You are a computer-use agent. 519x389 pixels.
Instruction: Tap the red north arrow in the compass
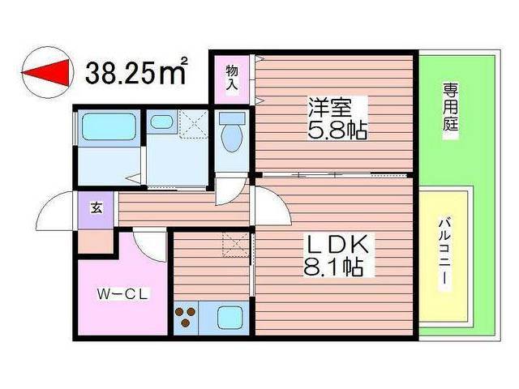[x=46, y=72]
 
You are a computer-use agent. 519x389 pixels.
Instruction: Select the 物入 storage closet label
[x=232, y=78]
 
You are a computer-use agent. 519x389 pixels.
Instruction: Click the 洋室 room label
[x=329, y=108]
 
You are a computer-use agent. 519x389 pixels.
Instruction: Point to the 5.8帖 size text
[x=337, y=130]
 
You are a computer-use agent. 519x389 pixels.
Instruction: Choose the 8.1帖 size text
[x=333, y=267]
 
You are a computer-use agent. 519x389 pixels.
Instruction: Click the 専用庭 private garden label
[x=451, y=106]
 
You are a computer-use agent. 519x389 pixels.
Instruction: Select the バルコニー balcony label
[x=445, y=254]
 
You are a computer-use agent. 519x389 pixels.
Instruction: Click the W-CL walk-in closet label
[x=122, y=294]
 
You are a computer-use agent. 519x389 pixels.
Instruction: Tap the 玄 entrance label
[x=97, y=208]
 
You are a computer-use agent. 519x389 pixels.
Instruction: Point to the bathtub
[x=109, y=127]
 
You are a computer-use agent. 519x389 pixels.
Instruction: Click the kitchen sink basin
[x=230, y=317]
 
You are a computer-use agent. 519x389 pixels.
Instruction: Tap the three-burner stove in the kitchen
[x=186, y=317]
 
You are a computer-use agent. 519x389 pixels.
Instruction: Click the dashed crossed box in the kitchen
[x=235, y=245]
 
